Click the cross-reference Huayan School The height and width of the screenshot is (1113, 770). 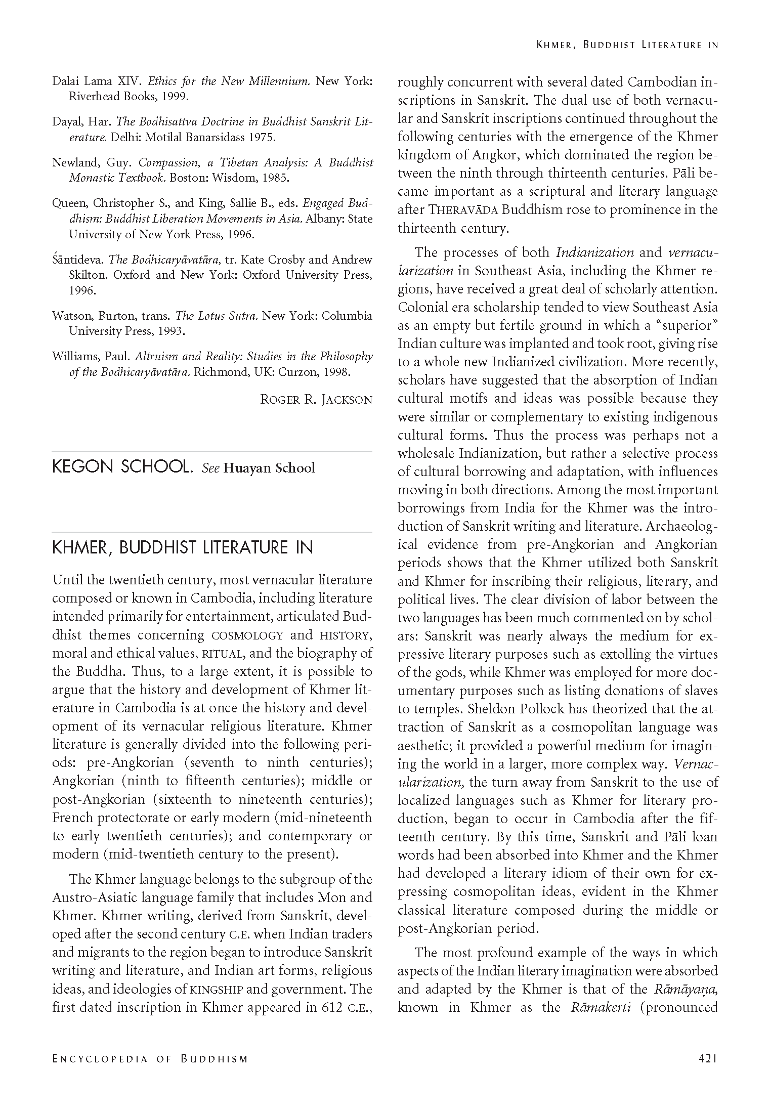(x=269, y=468)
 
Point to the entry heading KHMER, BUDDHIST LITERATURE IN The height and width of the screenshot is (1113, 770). (x=183, y=547)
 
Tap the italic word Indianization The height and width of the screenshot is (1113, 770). (x=595, y=252)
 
